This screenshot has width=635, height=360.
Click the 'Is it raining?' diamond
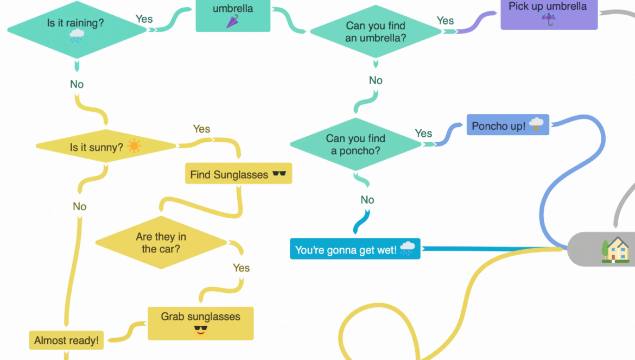coord(77,30)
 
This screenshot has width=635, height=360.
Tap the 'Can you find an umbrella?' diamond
coord(376,31)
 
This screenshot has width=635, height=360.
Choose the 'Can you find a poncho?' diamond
coord(355,144)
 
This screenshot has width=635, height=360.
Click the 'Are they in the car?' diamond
coord(161,243)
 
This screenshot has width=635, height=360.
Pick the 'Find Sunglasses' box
coord(238,174)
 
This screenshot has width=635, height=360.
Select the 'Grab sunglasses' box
coord(200,323)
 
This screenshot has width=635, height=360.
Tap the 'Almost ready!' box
coord(66,340)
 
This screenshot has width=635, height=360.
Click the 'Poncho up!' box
coord(507,125)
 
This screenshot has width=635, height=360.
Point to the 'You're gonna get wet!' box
coord(355,249)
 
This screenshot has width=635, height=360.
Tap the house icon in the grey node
coord(616,250)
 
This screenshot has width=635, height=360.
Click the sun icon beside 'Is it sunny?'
coord(134,146)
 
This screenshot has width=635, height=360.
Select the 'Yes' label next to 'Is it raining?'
coord(144,19)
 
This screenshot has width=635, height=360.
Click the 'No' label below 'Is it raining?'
coord(77,84)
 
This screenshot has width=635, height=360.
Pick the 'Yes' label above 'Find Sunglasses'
coord(201,129)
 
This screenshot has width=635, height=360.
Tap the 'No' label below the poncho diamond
coord(367,200)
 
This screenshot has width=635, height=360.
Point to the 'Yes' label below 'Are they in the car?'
coord(241,268)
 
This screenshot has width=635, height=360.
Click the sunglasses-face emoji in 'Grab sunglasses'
coord(201,329)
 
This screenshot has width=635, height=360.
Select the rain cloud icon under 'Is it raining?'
coord(77,36)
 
